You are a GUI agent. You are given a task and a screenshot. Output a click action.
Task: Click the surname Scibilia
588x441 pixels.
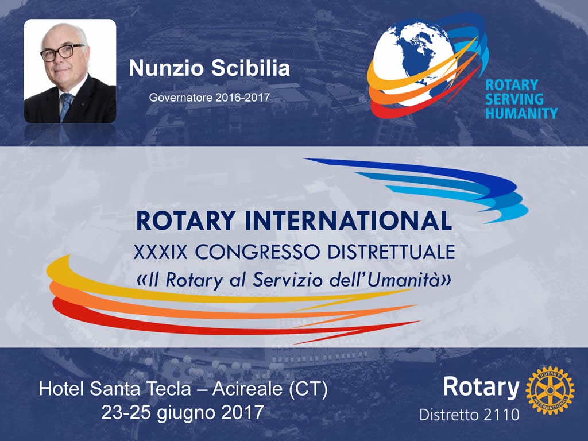click(250, 68)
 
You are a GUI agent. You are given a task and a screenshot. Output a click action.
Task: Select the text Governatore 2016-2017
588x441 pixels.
click(209, 98)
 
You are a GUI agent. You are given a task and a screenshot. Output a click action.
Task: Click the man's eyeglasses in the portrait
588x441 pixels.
click(61, 52)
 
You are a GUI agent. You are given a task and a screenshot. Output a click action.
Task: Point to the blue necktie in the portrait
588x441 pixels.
click(65, 106)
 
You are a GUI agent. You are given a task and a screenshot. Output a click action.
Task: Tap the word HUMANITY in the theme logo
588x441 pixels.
click(521, 113)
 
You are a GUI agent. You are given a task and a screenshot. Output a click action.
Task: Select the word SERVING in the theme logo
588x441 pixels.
click(514, 99)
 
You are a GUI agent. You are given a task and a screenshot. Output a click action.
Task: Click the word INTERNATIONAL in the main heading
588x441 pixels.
click(349, 220)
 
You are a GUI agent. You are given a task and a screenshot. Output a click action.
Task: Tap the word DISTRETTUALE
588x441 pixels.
click(391, 252)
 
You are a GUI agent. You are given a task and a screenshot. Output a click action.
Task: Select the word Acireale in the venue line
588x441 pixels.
click(247, 389)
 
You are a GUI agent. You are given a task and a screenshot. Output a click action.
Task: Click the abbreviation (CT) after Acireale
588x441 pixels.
click(308, 389)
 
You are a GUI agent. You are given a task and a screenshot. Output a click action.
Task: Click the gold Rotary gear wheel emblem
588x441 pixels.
click(550, 390)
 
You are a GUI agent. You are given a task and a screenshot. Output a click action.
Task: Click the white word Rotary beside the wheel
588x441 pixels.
click(481, 387)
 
